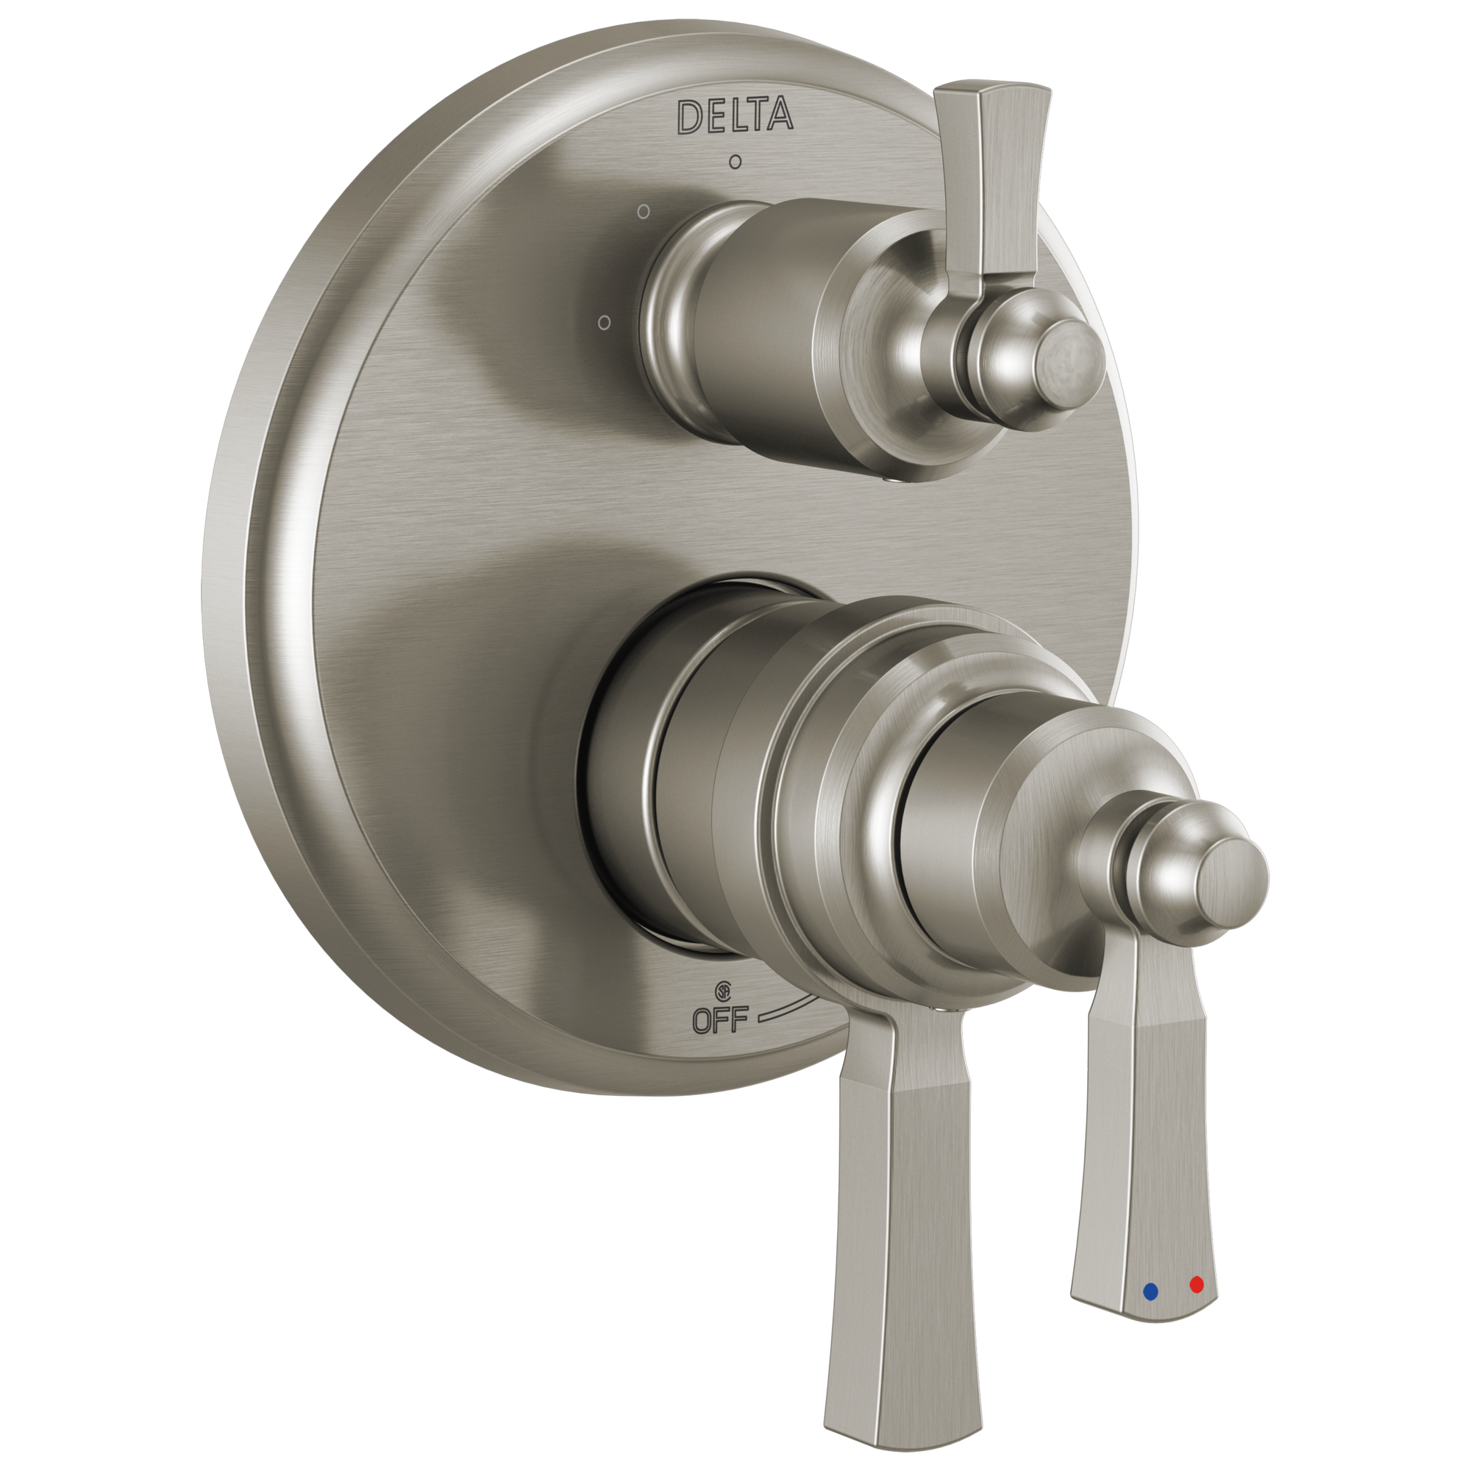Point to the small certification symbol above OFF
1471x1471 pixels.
click(722, 991)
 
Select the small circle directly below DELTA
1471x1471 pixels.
click(735, 161)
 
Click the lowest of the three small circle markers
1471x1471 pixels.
click(604, 323)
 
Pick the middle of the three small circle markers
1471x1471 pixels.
click(644, 212)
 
